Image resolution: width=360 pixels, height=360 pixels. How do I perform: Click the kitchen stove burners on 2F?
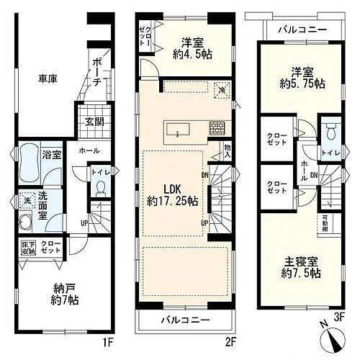pos(217,129)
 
